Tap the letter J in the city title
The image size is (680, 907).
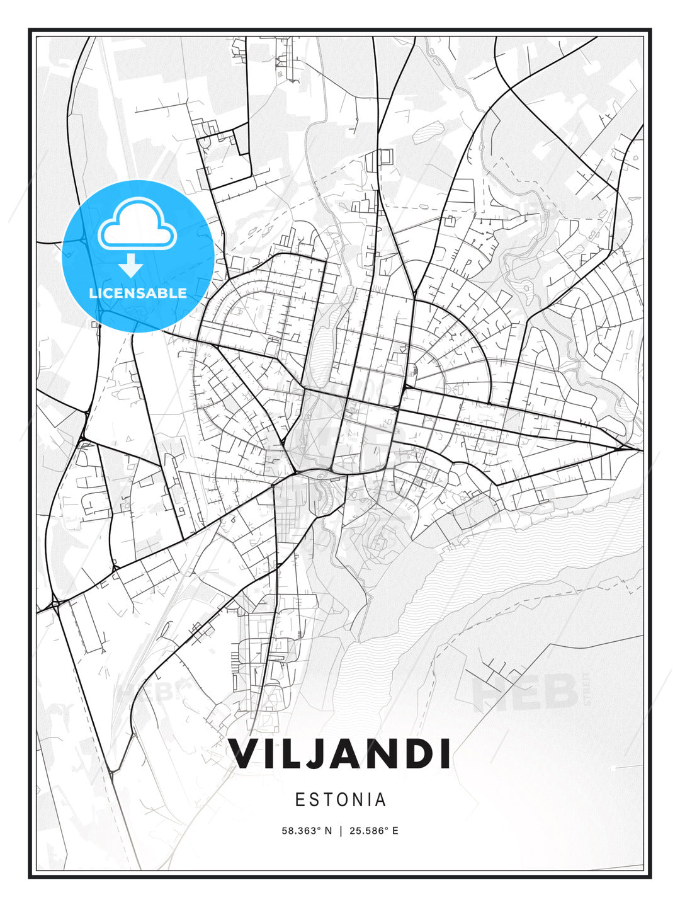[320, 754]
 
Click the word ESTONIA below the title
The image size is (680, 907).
[340, 800]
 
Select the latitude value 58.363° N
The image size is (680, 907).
[307, 831]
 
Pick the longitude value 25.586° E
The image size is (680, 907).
[374, 831]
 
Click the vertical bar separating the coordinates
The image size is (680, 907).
[341, 831]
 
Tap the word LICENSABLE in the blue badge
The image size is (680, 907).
[138, 293]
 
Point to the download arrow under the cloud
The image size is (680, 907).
[131, 265]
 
